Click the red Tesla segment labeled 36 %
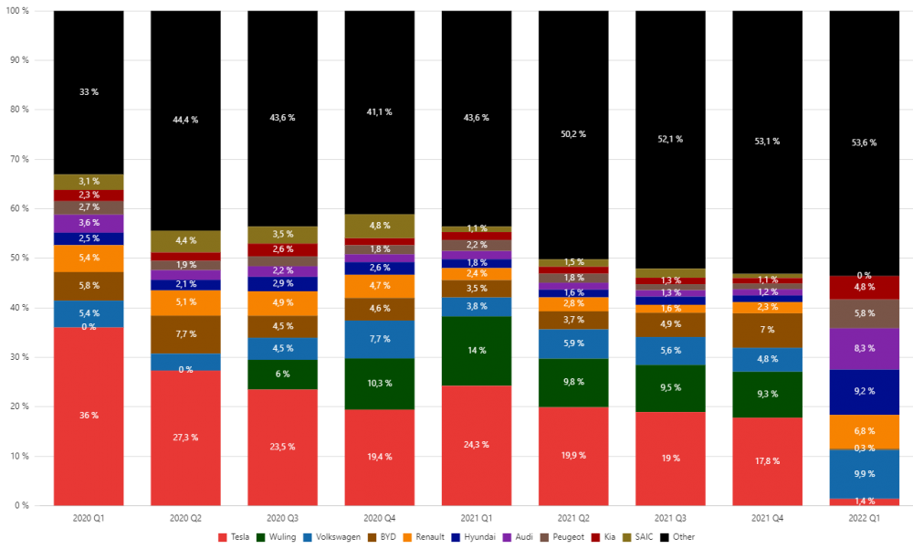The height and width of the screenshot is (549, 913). coord(89,416)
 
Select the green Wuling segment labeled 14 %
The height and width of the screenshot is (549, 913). coord(477,351)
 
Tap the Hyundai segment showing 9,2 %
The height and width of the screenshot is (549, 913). coord(865,392)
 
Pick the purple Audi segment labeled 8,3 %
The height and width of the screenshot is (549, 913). coord(865,349)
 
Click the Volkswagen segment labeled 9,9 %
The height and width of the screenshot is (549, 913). coord(865,474)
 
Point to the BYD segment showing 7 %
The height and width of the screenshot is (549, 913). coord(767,330)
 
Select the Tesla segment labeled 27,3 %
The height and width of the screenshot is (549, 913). coord(185,438)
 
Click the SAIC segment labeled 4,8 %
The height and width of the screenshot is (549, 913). coord(380,226)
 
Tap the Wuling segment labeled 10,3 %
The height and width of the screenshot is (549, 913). coord(380,384)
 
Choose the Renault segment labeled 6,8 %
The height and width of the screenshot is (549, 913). coord(865,430)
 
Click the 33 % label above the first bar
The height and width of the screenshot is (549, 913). coord(89,92)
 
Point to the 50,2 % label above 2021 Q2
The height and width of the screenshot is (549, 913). coord(573,134)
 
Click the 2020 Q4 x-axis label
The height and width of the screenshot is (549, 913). coord(380,517)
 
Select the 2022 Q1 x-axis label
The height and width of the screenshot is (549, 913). coord(865,517)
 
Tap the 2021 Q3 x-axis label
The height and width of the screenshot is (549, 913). coord(670,517)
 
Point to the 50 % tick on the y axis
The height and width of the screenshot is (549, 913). coord(19,258)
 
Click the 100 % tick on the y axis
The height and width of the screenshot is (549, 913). coord(17,10)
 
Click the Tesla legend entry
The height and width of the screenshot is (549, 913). coord(235,537)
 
